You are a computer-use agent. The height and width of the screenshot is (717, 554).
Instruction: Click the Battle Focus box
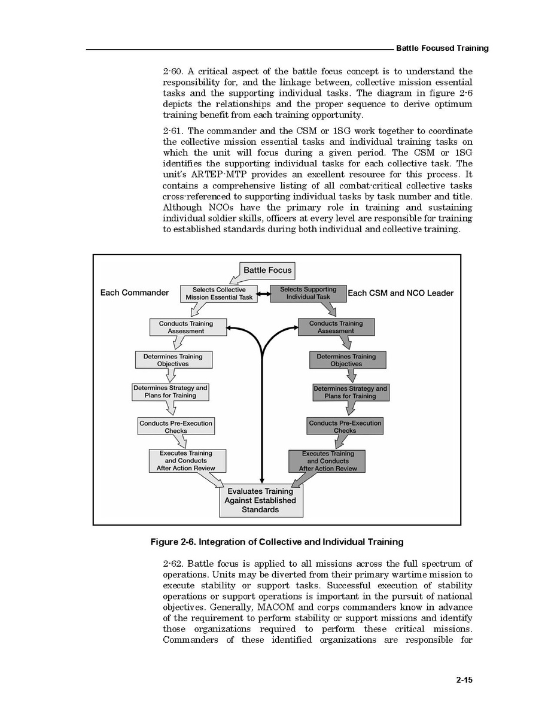[267, 271]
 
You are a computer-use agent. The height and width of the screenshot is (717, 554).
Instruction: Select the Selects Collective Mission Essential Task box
[219, 293]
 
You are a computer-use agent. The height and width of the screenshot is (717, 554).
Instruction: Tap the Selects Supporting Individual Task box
[308, 293]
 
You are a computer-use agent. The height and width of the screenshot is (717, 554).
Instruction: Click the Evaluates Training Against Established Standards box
[261, 500]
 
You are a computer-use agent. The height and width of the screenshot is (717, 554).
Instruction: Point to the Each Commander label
[135, 293]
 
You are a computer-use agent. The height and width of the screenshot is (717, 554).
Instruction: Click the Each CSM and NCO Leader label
[400, 293]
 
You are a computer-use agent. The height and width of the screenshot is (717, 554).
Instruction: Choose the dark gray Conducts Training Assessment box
[336, 327]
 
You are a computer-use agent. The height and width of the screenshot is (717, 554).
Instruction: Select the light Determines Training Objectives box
[173, 360]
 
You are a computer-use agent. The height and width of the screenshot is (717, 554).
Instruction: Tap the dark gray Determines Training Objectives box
[347, 360]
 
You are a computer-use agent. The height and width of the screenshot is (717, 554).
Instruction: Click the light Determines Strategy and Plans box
[171, 392]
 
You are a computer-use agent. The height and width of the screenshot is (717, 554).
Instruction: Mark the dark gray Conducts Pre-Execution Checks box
[345, 426]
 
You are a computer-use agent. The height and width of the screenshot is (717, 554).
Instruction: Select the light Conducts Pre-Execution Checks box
[176, 426]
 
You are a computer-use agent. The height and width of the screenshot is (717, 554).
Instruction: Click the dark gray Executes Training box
[327, 461]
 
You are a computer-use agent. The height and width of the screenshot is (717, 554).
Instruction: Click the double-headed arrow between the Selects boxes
[264, 294]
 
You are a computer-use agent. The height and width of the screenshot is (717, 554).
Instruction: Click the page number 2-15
[464, 680]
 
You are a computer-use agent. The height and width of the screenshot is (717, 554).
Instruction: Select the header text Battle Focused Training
[442, 48]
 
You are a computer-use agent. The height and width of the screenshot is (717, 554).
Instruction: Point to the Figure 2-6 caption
[277, 542]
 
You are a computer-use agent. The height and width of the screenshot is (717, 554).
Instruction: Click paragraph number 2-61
[173, 131]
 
